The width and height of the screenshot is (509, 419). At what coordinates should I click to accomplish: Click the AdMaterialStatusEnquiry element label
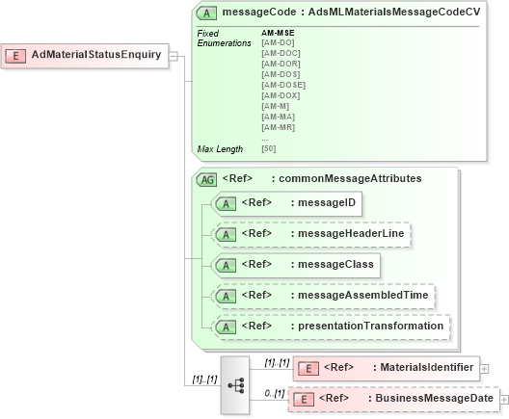click(95, 55)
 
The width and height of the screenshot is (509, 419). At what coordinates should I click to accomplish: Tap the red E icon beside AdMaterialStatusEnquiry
click(17, 55)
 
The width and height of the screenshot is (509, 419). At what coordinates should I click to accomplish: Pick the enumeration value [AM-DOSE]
click(282, 85)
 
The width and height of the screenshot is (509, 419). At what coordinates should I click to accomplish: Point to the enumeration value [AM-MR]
click(278, 127)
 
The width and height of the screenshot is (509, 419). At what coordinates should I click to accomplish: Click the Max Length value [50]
click(268, 148)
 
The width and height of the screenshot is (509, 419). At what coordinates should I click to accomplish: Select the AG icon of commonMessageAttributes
click(206, 179)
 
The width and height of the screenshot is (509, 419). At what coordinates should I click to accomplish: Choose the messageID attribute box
click(286, 203)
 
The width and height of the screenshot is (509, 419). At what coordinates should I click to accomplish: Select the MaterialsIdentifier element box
click(386, 367)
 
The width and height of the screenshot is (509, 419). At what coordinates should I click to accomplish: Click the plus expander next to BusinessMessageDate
click(503, 399)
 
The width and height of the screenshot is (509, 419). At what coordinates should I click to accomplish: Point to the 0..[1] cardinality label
click(275, 393)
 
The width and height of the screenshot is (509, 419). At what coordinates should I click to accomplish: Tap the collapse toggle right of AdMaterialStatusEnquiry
click(174, 55)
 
